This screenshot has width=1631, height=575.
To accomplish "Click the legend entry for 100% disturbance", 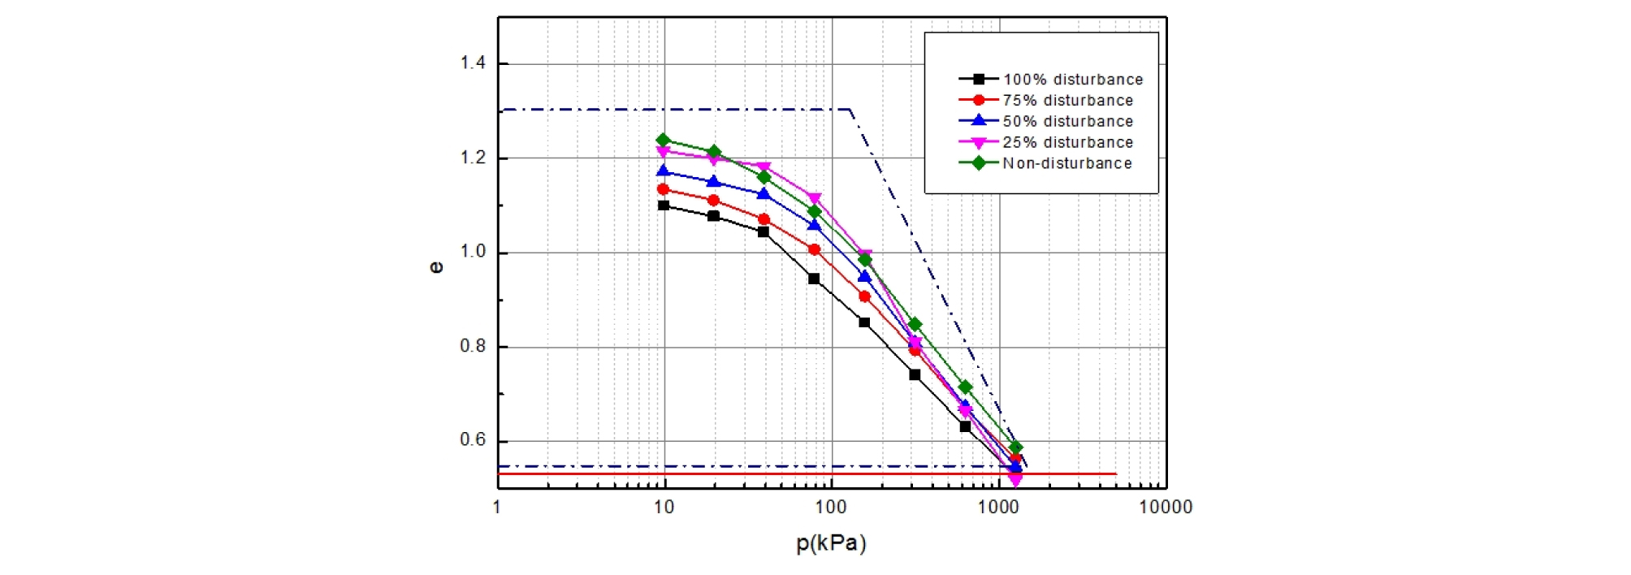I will point(1072,80).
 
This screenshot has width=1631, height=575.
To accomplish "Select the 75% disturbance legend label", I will point(1067,101).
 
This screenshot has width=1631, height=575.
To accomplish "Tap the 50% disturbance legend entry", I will point(1067,122).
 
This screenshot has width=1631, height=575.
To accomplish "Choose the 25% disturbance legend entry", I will point(1067,143).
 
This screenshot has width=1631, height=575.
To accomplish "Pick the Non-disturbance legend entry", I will point(1066,164).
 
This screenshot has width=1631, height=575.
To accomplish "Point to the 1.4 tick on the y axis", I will point(473,63).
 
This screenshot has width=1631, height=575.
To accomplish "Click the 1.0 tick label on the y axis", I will point(473,253).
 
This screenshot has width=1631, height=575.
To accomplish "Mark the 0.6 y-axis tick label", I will point(473,440).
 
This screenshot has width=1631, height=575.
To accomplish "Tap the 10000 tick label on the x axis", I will point(1166,508).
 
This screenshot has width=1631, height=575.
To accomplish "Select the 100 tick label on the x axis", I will point(831,508).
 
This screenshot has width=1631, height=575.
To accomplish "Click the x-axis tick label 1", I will point(497,508).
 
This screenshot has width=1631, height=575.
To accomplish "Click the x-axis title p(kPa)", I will point(831,543).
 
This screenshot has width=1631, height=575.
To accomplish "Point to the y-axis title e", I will point(436,267).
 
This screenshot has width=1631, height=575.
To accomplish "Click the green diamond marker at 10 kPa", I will point(663,140).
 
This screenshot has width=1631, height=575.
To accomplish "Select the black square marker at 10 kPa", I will point(664,205).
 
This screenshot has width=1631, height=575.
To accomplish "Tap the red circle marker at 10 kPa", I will point(663,189).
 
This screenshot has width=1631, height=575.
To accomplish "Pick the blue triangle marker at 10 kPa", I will point(663,171).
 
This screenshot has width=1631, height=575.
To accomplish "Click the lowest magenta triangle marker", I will point(1015,481).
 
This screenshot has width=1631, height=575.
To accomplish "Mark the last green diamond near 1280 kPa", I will point(1015,447).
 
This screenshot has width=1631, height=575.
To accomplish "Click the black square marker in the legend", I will point(979,80).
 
